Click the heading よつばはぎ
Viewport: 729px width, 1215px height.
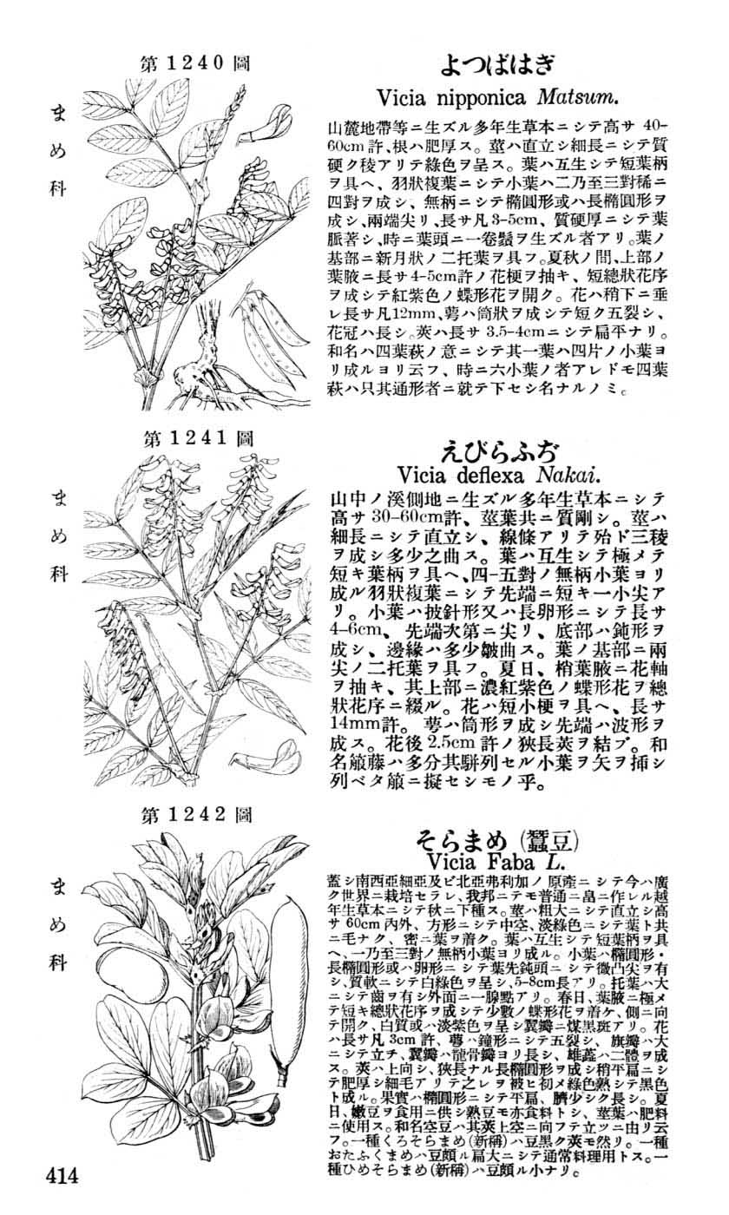point(497,64)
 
